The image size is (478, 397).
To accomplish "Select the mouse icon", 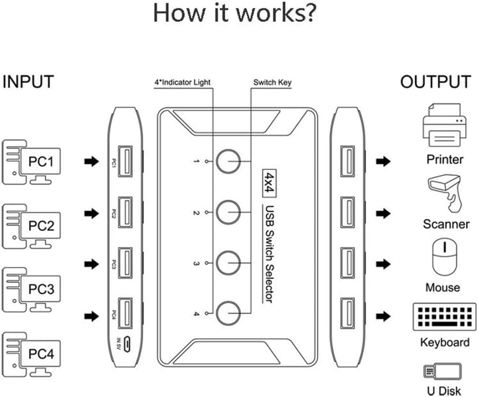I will click(x=443, y=257).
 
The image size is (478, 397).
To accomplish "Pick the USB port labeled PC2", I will click(x=124, y=212).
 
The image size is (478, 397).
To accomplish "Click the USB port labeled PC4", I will click(x=124, y=313).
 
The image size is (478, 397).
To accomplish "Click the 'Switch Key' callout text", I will click(x=272, y=83).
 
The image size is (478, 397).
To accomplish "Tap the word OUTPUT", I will click(x=435, y=82).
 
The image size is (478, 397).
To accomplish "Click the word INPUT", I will click(x=29, y=82).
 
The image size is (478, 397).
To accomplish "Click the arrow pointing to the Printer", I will click(x=382, y=161).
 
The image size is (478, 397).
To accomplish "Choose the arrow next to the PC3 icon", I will click(x=90, y=264).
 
